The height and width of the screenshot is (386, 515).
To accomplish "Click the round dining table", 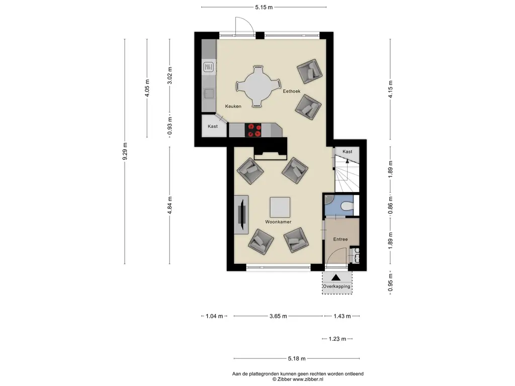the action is (259, 86).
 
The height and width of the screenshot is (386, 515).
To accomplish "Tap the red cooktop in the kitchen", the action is (253, 130).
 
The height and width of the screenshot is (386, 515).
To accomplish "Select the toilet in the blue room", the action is (347, 206).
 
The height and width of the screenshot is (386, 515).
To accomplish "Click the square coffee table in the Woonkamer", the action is (280, 207).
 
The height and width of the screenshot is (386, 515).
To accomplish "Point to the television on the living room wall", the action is (242, 215).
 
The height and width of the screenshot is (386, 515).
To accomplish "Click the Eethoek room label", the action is (291, 91).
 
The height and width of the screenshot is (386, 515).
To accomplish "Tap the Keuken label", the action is (233, 107).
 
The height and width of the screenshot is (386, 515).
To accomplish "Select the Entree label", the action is (340, 239).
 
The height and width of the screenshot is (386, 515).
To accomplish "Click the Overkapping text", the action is (336, 286).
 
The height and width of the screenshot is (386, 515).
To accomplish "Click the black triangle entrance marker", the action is (335, 277).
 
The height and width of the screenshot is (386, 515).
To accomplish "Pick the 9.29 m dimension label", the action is (125, 151).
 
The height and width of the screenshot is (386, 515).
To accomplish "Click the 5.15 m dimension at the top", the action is (264, 7).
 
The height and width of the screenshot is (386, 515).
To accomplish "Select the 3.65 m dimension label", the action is (278, 316).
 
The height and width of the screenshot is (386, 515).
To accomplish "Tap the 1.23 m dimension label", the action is (337, 339).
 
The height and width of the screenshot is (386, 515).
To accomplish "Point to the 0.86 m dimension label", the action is (390, 206).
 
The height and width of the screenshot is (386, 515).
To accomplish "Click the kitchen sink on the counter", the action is (209, 93).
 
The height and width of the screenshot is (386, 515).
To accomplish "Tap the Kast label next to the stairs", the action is (347, 152).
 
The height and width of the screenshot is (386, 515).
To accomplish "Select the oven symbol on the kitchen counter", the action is (209, 68).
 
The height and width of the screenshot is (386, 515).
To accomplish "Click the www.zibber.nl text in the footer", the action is (308, 379).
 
